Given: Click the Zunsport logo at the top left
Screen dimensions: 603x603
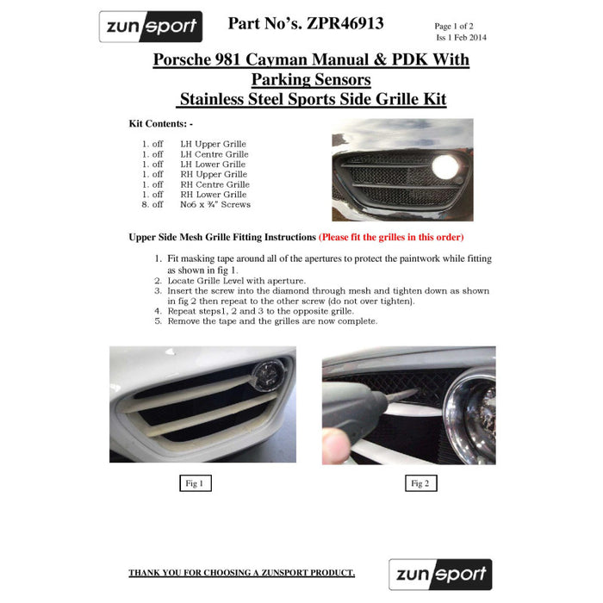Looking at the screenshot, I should pyautogui.click(x=151, y=27).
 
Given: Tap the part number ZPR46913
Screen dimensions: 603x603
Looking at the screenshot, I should pyautogui.click(x=343, y=24).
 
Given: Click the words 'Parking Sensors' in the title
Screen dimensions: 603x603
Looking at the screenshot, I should pyautogui.click(x=311, y=80).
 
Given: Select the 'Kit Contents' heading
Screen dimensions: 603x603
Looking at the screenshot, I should pyautogui.click(x=161, y=124).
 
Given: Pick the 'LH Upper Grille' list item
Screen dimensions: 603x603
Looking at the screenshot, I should pyautogui.click(x=213, y=144).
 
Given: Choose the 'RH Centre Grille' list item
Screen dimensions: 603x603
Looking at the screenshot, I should pyautogui.click(x=214, y=184).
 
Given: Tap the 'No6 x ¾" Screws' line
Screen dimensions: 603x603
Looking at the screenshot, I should pyautogui.click(x=215, y=204).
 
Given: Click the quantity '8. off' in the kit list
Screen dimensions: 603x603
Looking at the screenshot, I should pyautogui.click(x=152, y=204).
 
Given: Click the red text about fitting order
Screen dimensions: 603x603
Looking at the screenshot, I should pyautogui.click(x=391, y=237).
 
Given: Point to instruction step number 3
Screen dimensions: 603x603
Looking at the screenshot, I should pyautogui.click(x=159, y=291).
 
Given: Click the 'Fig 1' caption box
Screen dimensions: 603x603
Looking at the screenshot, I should pyautogui.click(x=195, y=483).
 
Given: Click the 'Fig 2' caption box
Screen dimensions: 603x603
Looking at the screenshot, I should pyautogui.click(x=420, y=483).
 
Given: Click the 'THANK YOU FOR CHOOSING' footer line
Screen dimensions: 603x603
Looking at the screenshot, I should pyautogui.click(x=241, y=573).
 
